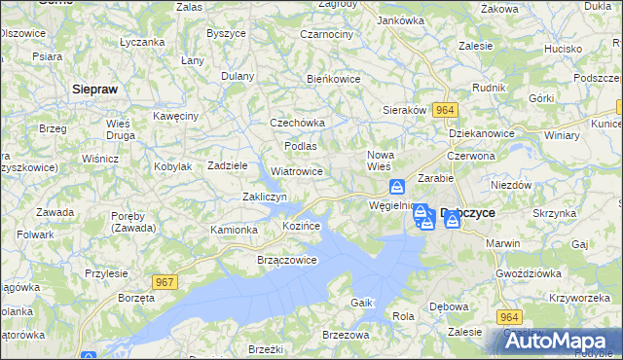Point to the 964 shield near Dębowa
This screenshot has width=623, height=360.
[509, 317]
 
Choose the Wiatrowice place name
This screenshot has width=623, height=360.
[297, 171]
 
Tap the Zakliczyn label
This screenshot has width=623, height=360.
[263, 198]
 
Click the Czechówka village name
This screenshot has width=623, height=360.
[297, 124]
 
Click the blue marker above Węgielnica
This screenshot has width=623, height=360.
[396, 187]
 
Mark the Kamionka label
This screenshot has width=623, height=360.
[234, 230]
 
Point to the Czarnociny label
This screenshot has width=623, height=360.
[327, 34]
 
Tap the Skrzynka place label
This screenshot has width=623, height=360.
[554, 212]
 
